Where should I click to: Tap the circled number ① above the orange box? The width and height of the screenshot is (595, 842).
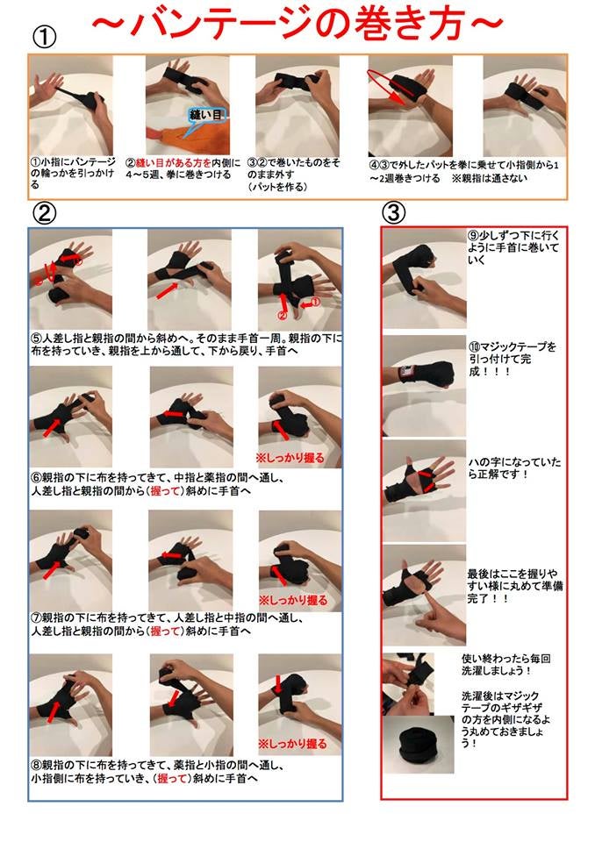pos(44,38)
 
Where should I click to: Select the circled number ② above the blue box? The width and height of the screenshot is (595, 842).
pos(44,213)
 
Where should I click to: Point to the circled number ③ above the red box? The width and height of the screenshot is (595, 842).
pos(393,213)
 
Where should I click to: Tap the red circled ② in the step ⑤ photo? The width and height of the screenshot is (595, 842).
pos(282,315)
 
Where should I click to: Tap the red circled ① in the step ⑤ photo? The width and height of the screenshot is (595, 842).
pos(315,303)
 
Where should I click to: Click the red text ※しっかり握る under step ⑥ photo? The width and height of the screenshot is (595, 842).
pos(290,458)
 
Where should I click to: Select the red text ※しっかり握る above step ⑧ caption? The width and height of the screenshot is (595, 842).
pos(292,744)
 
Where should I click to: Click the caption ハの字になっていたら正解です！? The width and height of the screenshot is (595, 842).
pos(514,468)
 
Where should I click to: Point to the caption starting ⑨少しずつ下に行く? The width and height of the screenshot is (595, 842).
pos(513,247)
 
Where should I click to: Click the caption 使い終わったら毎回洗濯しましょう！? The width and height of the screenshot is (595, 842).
pos(505,664)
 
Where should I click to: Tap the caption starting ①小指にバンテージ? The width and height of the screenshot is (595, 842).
pos(73,173)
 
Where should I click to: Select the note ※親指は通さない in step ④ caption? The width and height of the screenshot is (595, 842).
pos(490,178)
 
